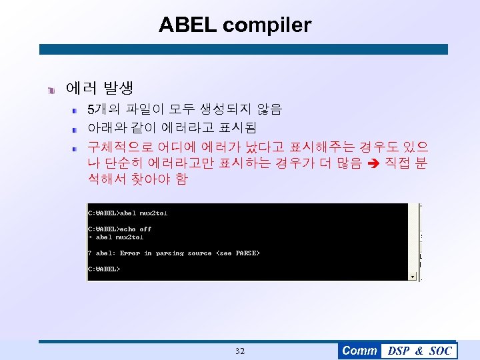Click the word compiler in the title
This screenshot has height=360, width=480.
(x=267, y=25)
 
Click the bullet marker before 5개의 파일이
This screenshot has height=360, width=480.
(x=77, y=109)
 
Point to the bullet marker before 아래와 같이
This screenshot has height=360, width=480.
(x=77, y=127)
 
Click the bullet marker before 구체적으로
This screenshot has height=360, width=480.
(x=77, y=145)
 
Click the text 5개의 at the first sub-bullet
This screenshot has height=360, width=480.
(x=104, y=109)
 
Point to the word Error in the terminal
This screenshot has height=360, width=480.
(x=130, y=253)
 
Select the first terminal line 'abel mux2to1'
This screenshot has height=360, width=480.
(x=143, y=213)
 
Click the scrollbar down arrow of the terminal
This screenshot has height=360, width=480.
(x=413, y=276)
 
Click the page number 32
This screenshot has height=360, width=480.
(x=240, y=351)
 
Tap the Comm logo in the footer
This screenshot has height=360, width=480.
(x=359, y=351)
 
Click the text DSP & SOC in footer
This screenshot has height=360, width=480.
(x=419, y=351)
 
